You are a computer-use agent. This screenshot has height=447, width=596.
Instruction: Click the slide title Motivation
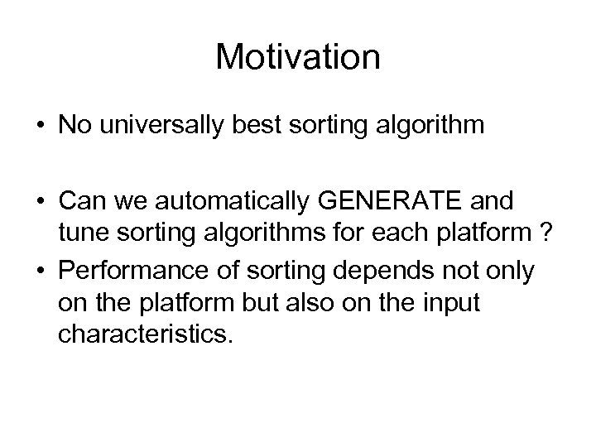point(298,57)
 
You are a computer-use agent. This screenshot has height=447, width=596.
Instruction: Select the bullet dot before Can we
point(41,200)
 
